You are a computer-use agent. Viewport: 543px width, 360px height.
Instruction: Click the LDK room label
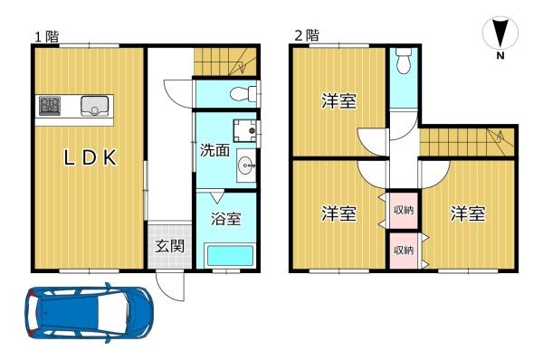point(90,158)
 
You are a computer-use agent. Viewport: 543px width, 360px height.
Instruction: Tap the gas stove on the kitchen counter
point(50,106)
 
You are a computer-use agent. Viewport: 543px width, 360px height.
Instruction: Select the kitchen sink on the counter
point(94,106)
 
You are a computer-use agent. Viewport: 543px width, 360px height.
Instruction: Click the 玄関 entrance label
point(169,246)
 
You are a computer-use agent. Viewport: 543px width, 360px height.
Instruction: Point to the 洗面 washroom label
point(215,150)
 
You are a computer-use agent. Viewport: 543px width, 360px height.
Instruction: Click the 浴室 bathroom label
point(225,219)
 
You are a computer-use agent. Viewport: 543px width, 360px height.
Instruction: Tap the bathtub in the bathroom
point(230,255)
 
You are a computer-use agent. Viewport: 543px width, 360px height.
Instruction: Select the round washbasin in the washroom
point(246,166)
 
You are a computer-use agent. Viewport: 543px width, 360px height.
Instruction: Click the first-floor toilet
point(243,93)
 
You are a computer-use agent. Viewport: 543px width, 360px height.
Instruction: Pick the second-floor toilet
point(404,61)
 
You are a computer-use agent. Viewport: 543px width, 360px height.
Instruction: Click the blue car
point(89,313)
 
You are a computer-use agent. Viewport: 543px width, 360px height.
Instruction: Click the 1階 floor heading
point(47,36)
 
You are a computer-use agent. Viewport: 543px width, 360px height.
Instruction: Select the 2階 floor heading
point(307,35)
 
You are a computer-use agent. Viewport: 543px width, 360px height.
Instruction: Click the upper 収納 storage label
point(404,210)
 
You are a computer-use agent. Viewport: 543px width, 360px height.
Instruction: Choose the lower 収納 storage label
point(404,250)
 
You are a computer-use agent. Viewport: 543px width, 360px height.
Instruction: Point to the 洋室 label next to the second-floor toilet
point(338,100)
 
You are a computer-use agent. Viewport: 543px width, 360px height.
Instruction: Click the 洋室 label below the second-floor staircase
point(468,213)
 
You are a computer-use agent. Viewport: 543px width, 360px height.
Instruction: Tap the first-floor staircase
point(225,62)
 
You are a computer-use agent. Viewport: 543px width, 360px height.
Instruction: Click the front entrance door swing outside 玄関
point(170,287)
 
